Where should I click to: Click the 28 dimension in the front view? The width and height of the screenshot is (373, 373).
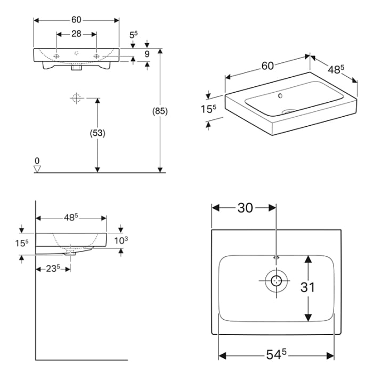tap(76, 34)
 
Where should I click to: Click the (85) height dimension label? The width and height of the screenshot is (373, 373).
tap(160, 111)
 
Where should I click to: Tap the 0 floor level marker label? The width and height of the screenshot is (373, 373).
tap(37, 160)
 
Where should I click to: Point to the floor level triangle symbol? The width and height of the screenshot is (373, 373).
tap(37, 169)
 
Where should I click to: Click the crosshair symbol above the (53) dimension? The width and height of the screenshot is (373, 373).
tap(75, 98)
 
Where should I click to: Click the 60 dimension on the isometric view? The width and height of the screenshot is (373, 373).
tap(267, 66)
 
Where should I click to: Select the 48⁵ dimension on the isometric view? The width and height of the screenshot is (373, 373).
tap(335, 69)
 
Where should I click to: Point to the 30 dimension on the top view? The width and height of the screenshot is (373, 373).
tap(245, 208)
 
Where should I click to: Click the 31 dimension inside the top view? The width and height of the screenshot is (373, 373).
tap(307, 287)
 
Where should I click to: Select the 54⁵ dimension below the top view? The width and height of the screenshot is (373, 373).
tap(277, 354)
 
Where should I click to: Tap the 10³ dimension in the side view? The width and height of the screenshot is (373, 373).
tap(121, 240)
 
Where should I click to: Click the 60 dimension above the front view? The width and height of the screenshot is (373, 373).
tap(76, 20)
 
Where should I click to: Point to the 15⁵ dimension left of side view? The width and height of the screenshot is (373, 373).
tap(22, 243)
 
